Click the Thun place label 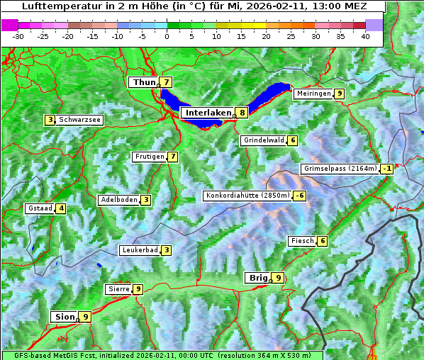point(144,83)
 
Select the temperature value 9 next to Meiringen point(340,94)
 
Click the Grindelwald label point(264,140)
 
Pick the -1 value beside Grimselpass point(386,169)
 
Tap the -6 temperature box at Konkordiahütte point(300,196)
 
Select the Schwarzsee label point(80,120)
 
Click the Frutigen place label point(149,157)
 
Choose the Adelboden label point(119,200)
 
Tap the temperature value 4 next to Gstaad point(61,208)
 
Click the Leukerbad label point(139,250)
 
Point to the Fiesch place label point(301,241)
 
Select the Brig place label point(257,278)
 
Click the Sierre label point(118,289)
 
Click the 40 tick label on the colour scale point(365,35)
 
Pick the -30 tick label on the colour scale point(18,35)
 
